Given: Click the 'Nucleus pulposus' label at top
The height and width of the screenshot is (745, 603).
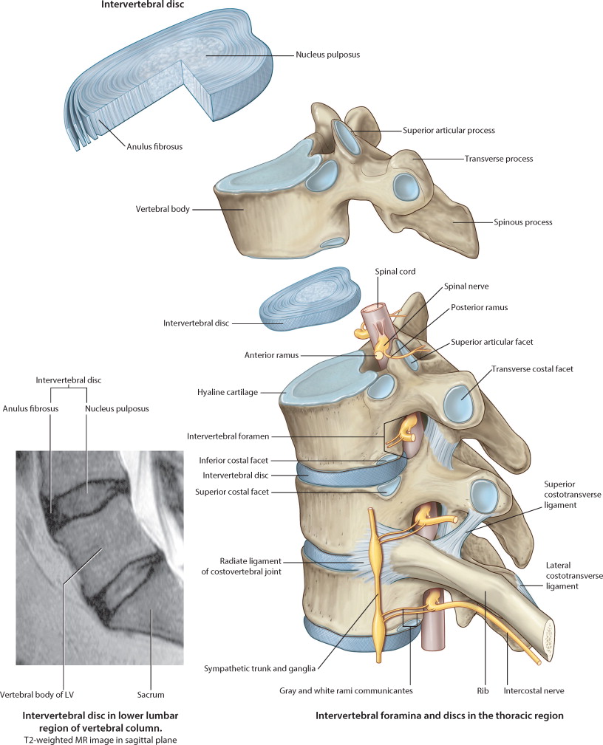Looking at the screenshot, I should click(327, 55).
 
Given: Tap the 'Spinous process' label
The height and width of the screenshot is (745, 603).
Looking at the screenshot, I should click(522, 222).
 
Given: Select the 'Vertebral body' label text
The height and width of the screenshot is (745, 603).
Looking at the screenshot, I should click(160, 210).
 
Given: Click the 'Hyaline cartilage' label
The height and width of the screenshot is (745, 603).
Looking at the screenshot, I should click(228, 392).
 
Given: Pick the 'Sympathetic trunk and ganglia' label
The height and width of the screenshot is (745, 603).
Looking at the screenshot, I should click(260, 669).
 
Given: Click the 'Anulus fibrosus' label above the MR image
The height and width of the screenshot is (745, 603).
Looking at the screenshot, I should click(29, 408).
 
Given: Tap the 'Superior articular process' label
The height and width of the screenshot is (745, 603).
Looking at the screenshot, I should click(448, 130).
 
